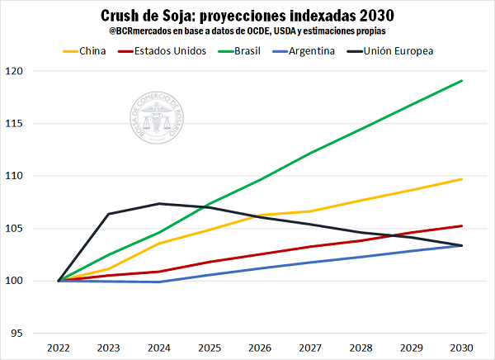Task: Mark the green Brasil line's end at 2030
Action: point(461,81)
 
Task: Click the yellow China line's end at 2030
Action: point(461,179)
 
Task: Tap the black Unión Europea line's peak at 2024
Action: point(160,204)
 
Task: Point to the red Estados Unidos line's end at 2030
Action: point(461,226)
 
